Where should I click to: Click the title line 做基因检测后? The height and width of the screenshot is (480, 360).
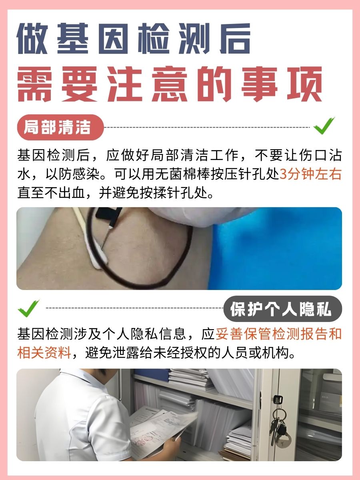134,39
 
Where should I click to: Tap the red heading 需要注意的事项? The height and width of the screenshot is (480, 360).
170,84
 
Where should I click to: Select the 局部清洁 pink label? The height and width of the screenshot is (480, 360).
60,128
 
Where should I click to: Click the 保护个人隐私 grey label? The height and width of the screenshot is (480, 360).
282,309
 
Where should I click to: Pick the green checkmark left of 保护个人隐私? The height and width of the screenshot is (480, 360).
29,308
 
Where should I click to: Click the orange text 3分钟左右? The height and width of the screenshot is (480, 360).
310,175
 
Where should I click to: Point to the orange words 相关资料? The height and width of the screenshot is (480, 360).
44,353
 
